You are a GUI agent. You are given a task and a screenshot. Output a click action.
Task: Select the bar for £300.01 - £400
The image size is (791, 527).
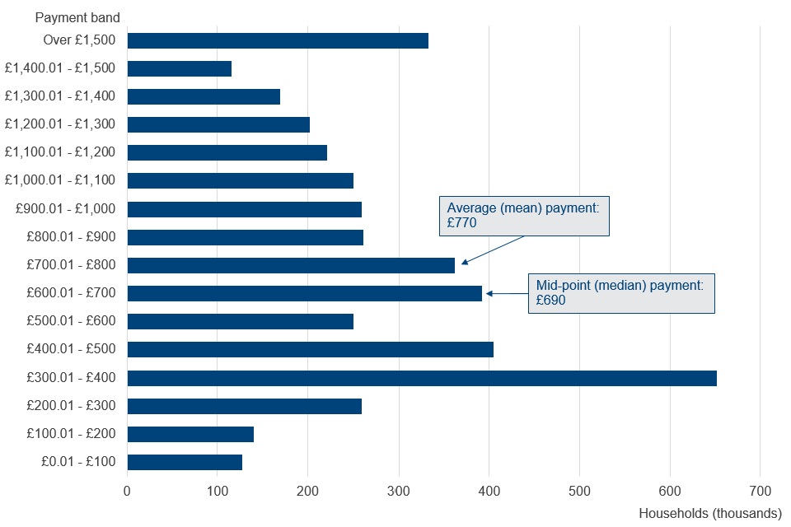(422, 378)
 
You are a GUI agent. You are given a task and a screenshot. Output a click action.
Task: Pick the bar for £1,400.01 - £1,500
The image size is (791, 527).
(180, 69)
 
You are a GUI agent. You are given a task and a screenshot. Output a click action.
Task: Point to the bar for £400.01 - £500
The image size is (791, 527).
(311, 350)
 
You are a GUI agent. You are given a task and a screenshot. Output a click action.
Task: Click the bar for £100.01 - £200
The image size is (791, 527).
(190, 434)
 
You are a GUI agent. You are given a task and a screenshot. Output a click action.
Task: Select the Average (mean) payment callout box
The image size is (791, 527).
(524, 216)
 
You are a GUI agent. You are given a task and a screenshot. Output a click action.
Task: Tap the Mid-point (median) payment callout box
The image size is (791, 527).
(621, 293)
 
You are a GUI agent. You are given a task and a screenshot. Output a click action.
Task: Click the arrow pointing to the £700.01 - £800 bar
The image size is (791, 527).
(492, 250)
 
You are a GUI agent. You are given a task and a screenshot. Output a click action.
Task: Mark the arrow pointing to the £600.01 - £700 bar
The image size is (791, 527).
(507, 292)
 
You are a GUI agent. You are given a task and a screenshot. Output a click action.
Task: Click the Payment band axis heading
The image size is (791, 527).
(77, 17)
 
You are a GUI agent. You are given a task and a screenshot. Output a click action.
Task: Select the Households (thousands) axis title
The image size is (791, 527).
(710, 513)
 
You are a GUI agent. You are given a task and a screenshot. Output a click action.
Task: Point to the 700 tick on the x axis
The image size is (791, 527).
(760, 491)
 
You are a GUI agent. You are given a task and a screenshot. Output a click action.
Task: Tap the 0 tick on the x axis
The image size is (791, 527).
(127, 491)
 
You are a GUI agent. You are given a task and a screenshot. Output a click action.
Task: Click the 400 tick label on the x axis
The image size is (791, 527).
(489, 491)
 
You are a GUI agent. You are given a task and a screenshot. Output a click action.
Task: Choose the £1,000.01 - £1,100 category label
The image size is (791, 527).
(60, 180)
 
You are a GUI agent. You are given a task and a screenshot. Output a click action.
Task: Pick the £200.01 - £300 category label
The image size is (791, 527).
(71, 406)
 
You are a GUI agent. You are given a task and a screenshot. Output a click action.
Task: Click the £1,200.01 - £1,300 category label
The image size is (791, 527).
(60, 124)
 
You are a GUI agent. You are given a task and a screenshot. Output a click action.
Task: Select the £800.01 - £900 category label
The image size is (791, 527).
(71, 237)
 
